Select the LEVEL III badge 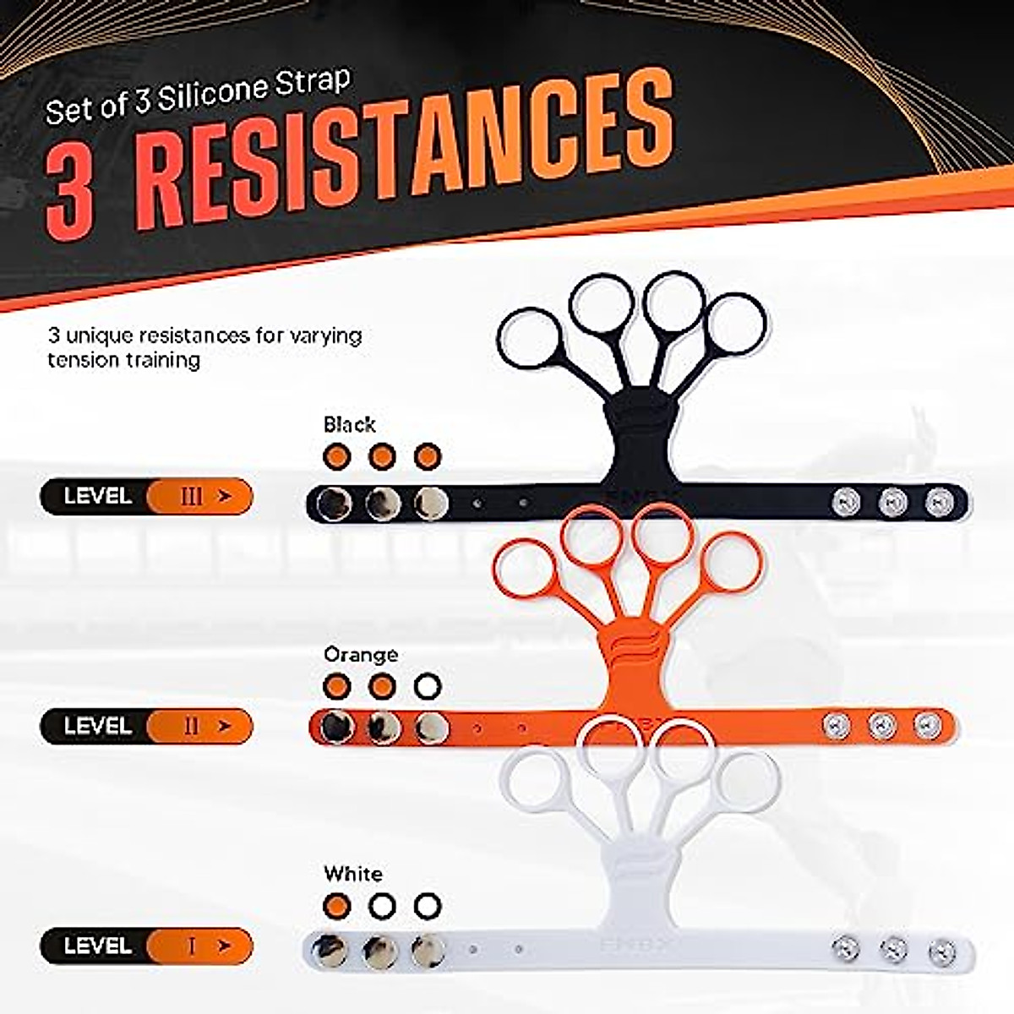coord(146,496)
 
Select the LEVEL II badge coord(146,726)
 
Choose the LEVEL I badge coord(146,946)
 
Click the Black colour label coord(349,424)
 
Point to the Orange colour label coord(360,654)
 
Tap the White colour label coord(352,874)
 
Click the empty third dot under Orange coord(428,686)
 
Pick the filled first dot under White coord(337,906)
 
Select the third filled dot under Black coord(428,456)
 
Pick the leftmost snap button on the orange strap coord(335,725)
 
